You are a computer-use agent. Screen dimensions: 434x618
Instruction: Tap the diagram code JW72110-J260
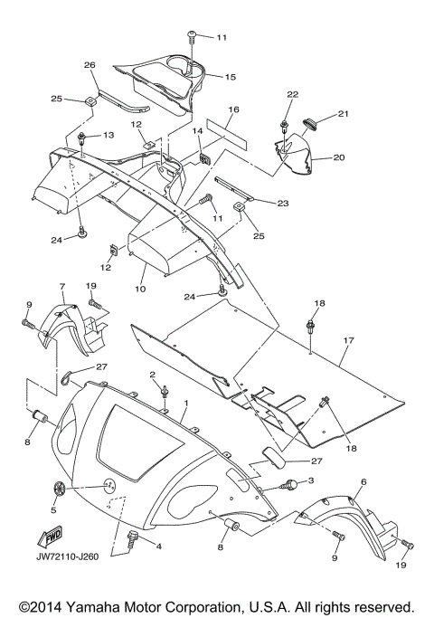68,556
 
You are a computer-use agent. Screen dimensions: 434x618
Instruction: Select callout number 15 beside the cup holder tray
230,77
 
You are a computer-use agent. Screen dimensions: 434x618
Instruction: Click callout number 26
90,65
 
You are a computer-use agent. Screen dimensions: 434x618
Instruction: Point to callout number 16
233,109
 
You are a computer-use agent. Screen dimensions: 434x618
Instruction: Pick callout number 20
339,157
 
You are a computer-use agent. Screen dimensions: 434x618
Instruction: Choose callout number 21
344,114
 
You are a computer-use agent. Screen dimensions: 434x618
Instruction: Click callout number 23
283,204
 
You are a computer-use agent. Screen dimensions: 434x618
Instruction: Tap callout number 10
140,289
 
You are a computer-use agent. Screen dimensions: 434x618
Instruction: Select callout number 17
349,340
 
